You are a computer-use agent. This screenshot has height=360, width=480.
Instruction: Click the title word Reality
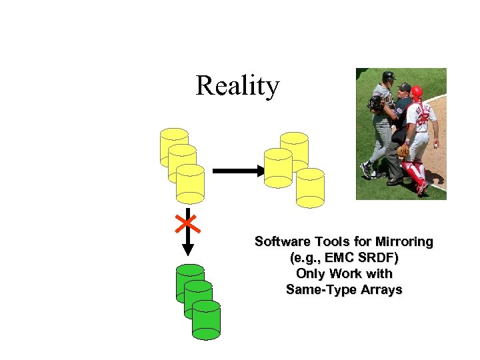point(237,86)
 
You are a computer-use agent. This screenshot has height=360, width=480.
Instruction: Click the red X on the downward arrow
point(187,223)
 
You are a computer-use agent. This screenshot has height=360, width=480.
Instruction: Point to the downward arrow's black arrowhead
point(188,249)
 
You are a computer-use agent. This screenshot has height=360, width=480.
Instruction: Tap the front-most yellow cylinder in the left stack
point(190,184)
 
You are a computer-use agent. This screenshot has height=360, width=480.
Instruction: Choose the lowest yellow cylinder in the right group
point(310,188)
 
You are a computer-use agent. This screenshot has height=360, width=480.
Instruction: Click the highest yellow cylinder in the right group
point(295,148)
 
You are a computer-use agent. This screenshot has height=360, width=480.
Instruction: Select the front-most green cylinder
point(206,321)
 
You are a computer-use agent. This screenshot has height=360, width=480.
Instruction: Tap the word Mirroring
point(404,242)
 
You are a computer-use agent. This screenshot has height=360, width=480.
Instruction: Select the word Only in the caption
point(310,274)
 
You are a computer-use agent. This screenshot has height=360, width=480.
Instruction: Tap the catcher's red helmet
point(417,92)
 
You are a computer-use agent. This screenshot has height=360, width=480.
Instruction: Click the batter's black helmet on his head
point(388,76)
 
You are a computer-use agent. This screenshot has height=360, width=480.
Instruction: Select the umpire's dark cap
point(404,87)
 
